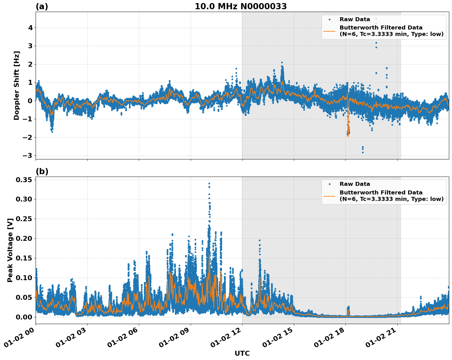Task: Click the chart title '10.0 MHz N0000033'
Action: [241, 6]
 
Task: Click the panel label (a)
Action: [42, 6]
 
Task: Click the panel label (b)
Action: [42, 171]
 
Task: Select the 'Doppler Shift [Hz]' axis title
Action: [17, 85]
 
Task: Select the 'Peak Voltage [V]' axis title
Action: [10, 250]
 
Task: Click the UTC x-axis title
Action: [242, 353]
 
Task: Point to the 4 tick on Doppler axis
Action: [30, 28]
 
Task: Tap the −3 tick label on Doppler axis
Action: [27, 156]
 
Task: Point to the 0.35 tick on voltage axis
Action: [24, 180]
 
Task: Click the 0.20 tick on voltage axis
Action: [24, 239]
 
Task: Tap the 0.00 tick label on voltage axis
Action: [24, 317]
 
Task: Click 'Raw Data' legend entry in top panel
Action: [355, 19]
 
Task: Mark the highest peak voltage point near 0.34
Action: [209, 184]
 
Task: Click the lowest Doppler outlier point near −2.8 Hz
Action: [363, 152]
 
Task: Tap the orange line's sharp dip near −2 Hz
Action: [348, 136]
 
